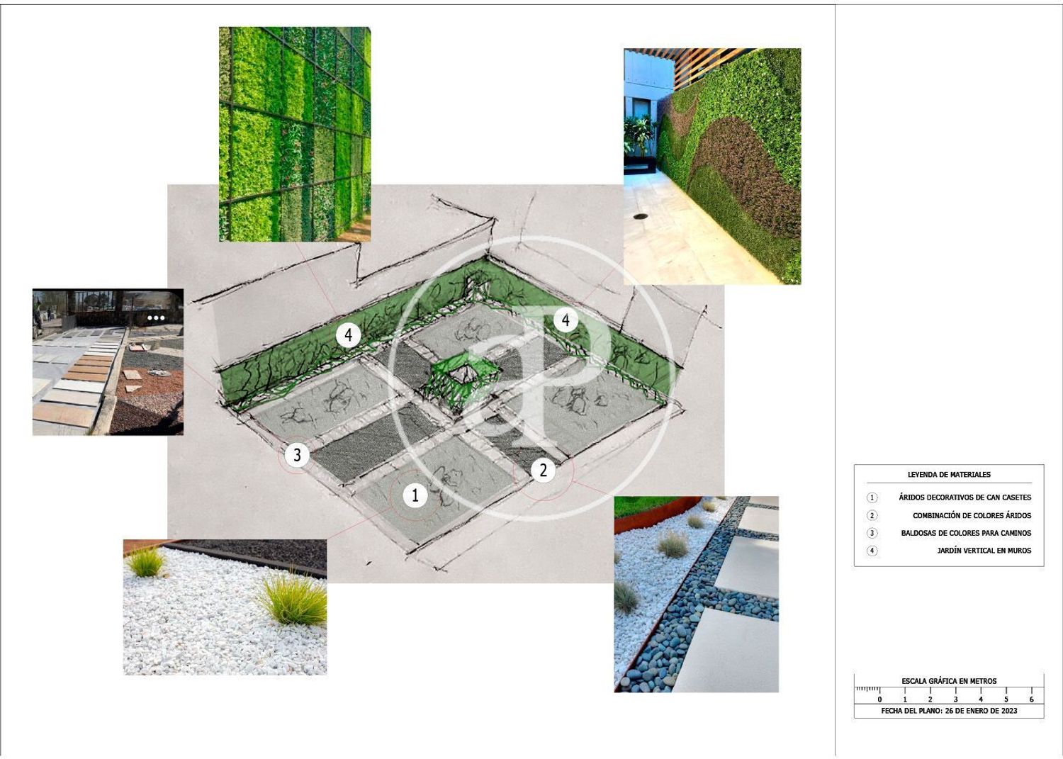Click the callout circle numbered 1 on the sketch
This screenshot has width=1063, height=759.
(415, 495)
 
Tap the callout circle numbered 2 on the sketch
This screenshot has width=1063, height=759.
(543, 470)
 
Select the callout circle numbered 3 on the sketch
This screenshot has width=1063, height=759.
(297, 455)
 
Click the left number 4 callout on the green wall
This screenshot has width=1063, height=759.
(349, 334)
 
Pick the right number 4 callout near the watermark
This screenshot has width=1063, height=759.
(566, 320)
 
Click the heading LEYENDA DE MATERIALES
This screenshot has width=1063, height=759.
(949, 474)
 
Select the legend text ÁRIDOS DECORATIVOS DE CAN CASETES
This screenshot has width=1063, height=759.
(964, 497)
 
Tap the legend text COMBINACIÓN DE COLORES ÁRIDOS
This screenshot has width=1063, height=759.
(972, 515)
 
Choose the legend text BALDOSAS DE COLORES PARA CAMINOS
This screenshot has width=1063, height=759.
(966, 533)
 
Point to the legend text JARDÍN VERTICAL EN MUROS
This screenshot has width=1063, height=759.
(984, 551)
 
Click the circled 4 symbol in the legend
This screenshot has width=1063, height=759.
(872, 551)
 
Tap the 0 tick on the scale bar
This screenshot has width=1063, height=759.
(880, 692)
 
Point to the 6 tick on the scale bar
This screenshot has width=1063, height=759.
(1031, 692)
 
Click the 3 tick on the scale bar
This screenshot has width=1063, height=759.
(955, 692)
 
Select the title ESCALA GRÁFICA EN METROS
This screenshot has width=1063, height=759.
(949, 680)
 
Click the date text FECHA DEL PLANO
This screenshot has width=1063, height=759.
(911, 711)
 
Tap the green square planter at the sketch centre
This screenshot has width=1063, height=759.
(462, 379)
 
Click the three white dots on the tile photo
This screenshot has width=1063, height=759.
(156, 318)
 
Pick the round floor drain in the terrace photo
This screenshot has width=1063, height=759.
(641, 216)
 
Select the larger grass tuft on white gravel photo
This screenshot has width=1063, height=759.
(293, 600)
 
